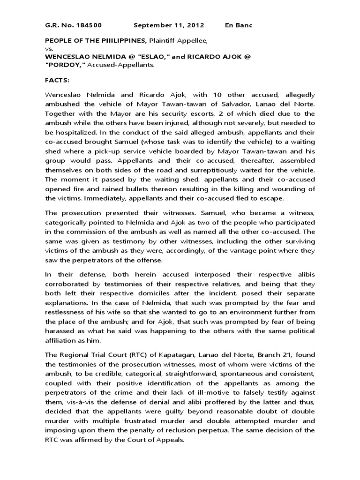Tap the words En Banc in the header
pyautogui.click(x=239, y=25)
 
